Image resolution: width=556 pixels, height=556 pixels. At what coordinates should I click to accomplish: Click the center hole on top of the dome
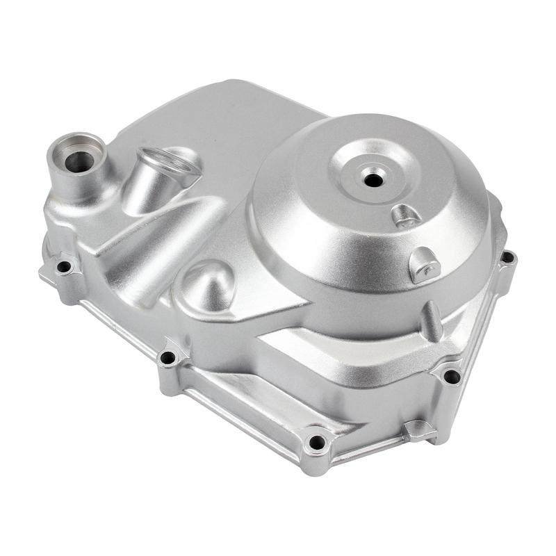pos(373,180)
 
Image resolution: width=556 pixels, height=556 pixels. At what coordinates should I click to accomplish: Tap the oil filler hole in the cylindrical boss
pos(79,161)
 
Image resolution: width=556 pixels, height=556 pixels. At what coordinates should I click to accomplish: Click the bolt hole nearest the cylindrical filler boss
pos(64,266)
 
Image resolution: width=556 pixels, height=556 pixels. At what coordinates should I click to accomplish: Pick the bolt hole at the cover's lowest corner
pos(316,442)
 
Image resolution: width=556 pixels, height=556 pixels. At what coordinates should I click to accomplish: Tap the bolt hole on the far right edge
pos(507,257)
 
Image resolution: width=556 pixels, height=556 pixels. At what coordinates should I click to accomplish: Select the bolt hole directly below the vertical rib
pos(451,376)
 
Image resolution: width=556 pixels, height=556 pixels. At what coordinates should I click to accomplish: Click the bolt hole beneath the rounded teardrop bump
pos(167,358)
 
